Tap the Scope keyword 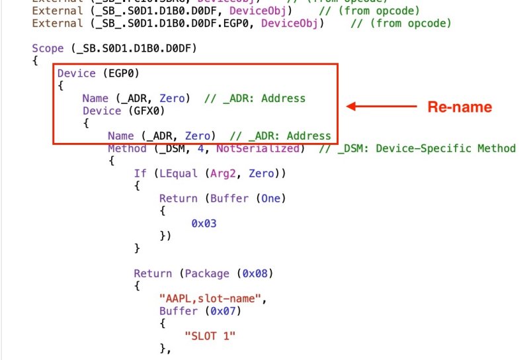coord(48,49)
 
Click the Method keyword coord(127,148)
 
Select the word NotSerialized coord(258,148)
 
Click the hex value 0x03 coord(204,224)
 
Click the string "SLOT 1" coord(210,336)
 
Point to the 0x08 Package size coord(255,273)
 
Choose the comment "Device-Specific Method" coord(446,148)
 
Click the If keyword coord(140,173)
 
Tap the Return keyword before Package coord(153,273)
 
